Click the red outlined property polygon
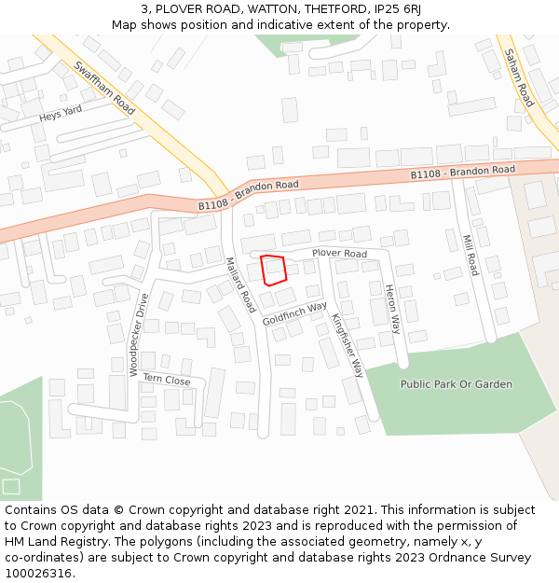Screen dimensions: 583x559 (x=272, y=270)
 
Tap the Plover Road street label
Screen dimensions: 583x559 (x=339, y=254)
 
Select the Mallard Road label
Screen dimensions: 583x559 (x=240, y=285)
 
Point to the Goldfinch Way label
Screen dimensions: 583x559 (x=294, y=313)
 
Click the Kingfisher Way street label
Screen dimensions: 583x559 (x=348, y=344)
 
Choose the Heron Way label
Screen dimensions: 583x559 (x=392, y=310)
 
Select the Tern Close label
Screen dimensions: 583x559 (x=167, y=380)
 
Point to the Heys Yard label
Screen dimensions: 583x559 (x=61, y=114)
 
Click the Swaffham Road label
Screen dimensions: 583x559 (x=104, y=88)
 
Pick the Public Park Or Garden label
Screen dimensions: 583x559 (x=456, y=383)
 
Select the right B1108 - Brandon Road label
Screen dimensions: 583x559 (x=463, y=173)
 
